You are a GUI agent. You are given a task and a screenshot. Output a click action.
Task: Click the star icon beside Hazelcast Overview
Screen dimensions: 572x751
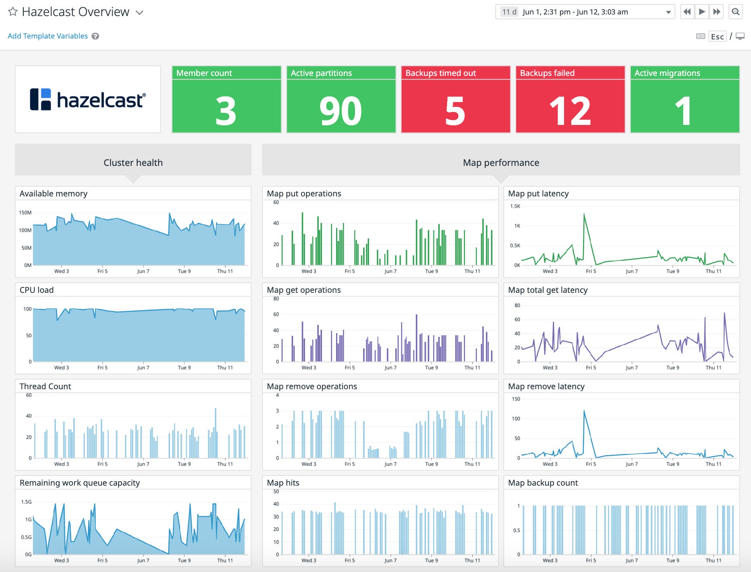[13, 12]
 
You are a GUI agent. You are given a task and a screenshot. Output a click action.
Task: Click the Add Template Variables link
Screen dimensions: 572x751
[47, 36]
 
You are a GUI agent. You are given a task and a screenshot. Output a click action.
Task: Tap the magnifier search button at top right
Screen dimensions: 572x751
[735, 12]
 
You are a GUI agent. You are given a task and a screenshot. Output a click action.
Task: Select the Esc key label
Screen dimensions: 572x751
[717, 37]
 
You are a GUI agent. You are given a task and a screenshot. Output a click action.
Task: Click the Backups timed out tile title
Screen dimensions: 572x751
[441, 73]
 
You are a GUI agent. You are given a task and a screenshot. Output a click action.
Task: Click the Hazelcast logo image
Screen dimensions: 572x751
[88, 99]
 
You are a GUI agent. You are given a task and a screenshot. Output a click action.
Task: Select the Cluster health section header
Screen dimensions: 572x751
[133, 163]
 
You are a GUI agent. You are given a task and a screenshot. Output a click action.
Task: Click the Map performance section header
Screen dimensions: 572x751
[501, 163]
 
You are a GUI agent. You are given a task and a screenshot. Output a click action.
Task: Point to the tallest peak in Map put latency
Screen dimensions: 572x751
[584, 214]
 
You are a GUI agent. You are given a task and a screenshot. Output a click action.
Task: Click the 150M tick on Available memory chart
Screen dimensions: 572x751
[25, 212]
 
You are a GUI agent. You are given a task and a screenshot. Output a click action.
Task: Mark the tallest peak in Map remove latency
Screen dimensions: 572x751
[584, 411]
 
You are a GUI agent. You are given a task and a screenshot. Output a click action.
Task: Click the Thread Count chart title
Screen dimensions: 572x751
[45, 386]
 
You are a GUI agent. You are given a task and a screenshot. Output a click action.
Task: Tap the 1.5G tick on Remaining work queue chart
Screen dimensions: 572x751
[26, 502]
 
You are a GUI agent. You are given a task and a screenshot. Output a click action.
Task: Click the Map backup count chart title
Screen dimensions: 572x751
[543, 483]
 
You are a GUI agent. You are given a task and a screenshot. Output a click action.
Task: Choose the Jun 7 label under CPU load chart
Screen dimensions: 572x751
[143, 368]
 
